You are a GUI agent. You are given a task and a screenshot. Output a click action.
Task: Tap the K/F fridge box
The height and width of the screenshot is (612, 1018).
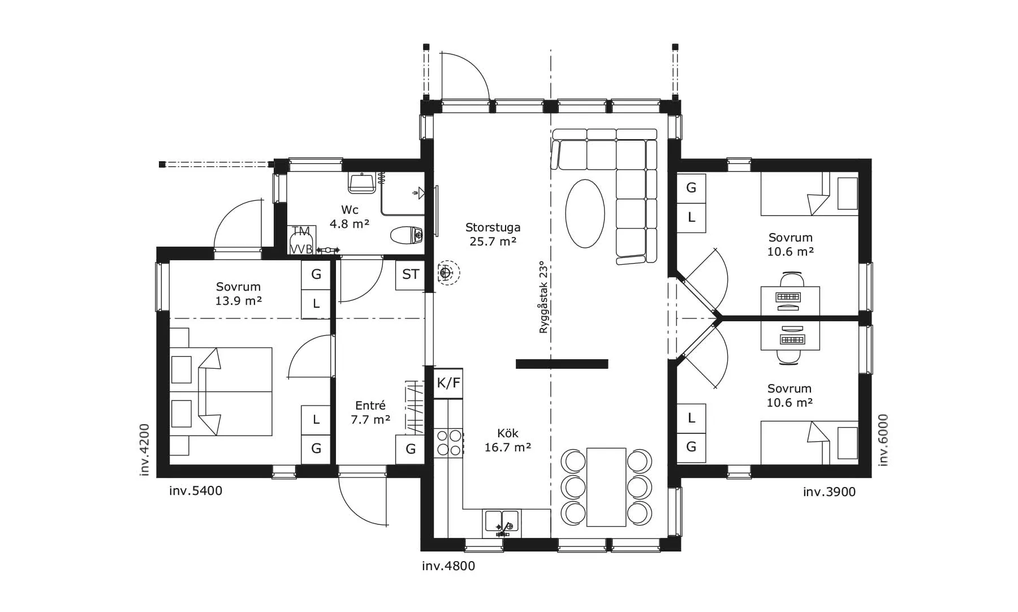click(448, 383)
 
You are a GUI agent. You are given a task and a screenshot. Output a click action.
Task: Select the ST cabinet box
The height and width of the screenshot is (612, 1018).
click(411, 274)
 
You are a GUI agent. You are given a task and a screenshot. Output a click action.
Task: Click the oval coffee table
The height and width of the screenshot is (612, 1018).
click(585, 213)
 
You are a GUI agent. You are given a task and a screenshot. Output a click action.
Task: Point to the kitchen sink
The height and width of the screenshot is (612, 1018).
click(501, 523)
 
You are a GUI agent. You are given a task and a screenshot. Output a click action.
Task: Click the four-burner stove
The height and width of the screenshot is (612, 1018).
click(448, 443)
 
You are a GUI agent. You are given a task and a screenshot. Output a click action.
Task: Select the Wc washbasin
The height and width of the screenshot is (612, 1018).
click(360, 182)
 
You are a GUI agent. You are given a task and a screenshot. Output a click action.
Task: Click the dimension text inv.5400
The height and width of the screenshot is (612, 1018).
click(196, 491)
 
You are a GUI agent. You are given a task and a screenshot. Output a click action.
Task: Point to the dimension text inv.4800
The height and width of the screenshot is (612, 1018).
click(448, 566)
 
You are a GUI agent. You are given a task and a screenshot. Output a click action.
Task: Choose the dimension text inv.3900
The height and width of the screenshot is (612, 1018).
click(829, 492)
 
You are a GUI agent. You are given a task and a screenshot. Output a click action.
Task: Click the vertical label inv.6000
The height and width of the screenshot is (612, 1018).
click(883, 440)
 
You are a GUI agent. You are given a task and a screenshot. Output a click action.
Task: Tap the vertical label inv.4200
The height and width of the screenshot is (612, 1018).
click(145, 450)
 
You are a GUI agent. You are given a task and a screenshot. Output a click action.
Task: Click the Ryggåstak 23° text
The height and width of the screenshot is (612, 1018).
click(543, 297)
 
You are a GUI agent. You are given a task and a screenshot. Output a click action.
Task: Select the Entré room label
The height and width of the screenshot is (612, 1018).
click(370, 406)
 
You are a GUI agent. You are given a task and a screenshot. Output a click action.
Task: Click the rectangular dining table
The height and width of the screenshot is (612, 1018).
click(606, 487)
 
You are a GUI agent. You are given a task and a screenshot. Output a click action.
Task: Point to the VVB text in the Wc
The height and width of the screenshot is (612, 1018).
click(301, 248)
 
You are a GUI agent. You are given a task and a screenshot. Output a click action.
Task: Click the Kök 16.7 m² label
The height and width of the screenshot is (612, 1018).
click(507, 440)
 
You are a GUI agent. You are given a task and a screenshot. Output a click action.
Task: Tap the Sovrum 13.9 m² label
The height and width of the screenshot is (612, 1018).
click(238, 294)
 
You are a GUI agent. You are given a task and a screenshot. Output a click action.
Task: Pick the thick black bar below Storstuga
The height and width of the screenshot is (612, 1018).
click(562, 364)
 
